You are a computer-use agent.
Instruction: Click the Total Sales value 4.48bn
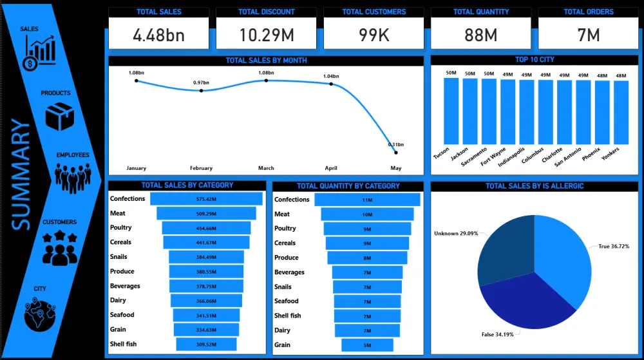click(158, 35)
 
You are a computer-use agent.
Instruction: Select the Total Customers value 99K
click(374, 35)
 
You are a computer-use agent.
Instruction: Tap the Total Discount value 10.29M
click(266, 35)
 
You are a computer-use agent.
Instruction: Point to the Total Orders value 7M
click(589, 35)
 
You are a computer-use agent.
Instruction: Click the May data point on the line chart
click(395, 152)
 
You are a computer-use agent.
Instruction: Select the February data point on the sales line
click(201, 91)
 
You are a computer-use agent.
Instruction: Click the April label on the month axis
click(331, 168)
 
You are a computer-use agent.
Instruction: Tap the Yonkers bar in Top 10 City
click(621, 112)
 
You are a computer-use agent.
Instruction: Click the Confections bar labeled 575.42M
click(207, 199)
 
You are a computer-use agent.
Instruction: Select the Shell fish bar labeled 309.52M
click(206, 345)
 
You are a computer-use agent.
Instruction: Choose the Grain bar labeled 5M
click(367, 345)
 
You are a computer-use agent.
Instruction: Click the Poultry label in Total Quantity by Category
click(285, 229)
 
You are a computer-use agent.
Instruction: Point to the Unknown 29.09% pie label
click(456, 233)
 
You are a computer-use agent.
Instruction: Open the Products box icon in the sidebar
click(59, 117)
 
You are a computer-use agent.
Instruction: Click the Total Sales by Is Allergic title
click(535, 186)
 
